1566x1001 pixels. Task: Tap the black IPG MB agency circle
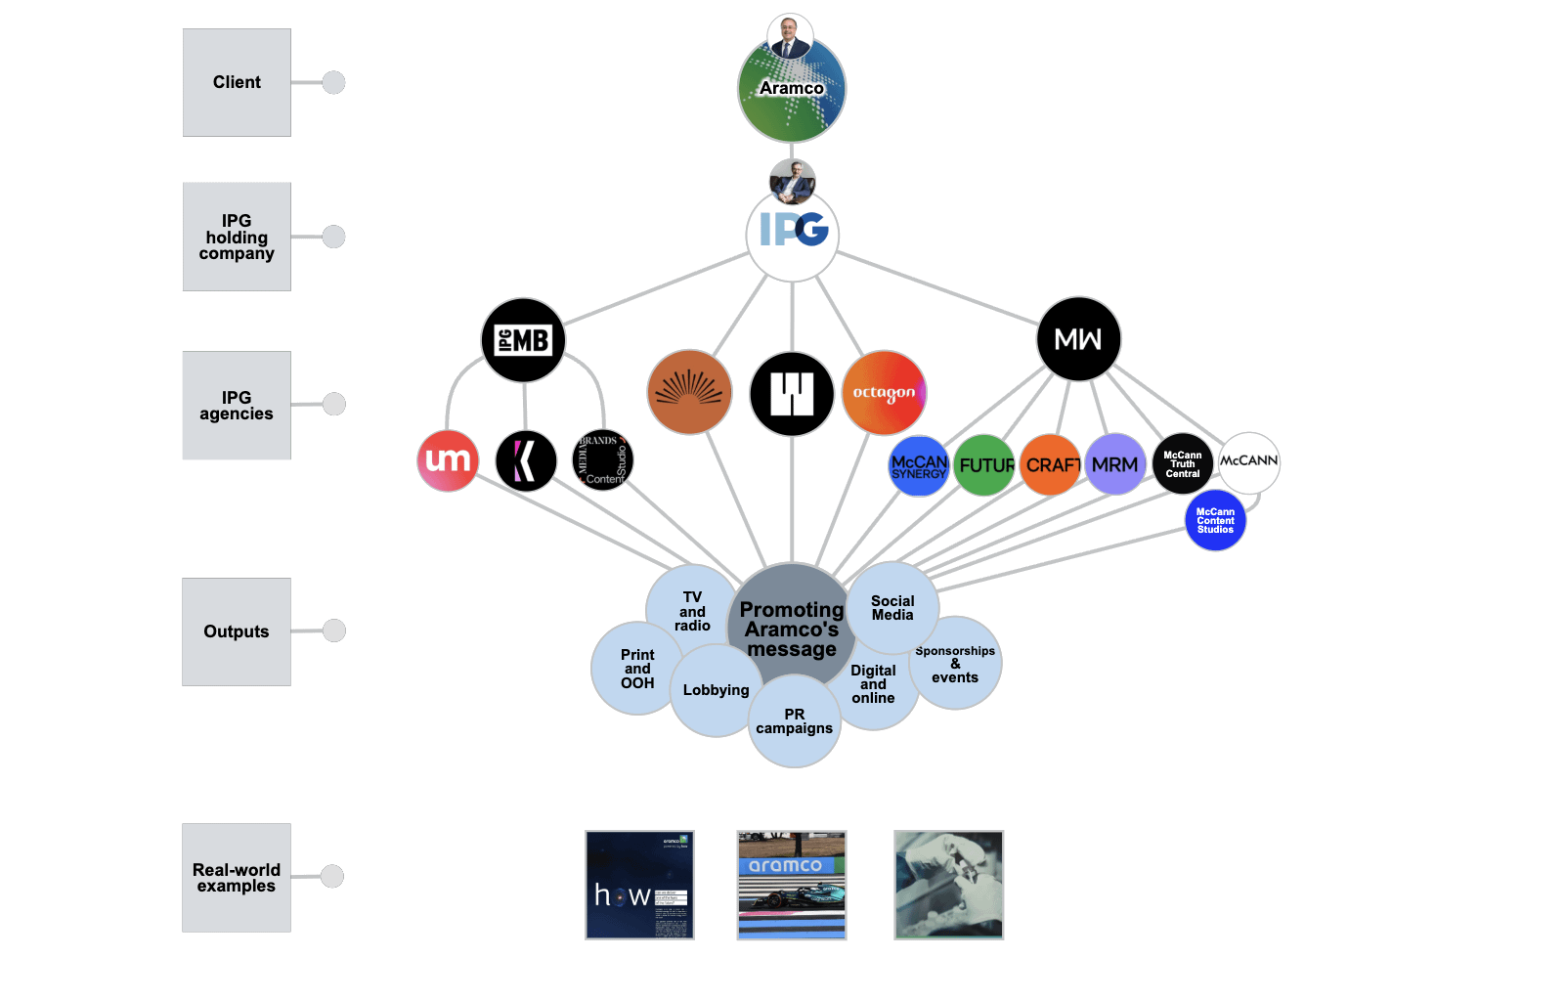(x=523, y=340)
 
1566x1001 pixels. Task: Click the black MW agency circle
(x=1078, y=339)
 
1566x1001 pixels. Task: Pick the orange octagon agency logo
(x=884, y=393)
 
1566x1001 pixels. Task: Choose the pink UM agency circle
(x=448, y=460)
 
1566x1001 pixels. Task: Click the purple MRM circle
(x=1115, y=464)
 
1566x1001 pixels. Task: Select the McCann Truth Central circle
(x=1182, y=463)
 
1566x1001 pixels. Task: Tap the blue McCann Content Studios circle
(x=1215, y=520)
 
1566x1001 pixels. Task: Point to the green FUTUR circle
(x=984, y=465)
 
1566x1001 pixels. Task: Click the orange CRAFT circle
(x=1051, y=465)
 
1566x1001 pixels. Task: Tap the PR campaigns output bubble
(x=795, y=723)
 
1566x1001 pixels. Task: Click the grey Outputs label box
(x=237, y=631)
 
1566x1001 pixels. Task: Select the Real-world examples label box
(x=237, y=878)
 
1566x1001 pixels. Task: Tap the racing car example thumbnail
(x=792, y=886)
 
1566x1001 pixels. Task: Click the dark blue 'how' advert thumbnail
(x=639, y=886)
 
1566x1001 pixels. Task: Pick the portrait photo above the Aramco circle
(x=790, y=36)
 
